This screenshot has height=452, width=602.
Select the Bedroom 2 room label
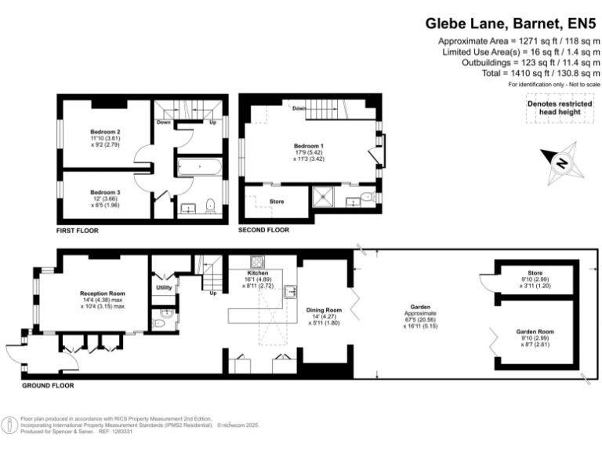(105, 130)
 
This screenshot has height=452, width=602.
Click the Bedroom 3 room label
(105, 192)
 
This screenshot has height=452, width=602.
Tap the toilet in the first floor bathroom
(209, 206)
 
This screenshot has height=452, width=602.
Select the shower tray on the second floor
(324, 196)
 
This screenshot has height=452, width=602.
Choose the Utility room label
(165, 288)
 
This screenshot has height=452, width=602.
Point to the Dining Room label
(324, 310)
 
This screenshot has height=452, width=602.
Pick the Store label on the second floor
(276, 202)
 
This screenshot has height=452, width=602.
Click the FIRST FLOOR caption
(78, 231)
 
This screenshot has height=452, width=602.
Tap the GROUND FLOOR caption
(48, 385)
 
